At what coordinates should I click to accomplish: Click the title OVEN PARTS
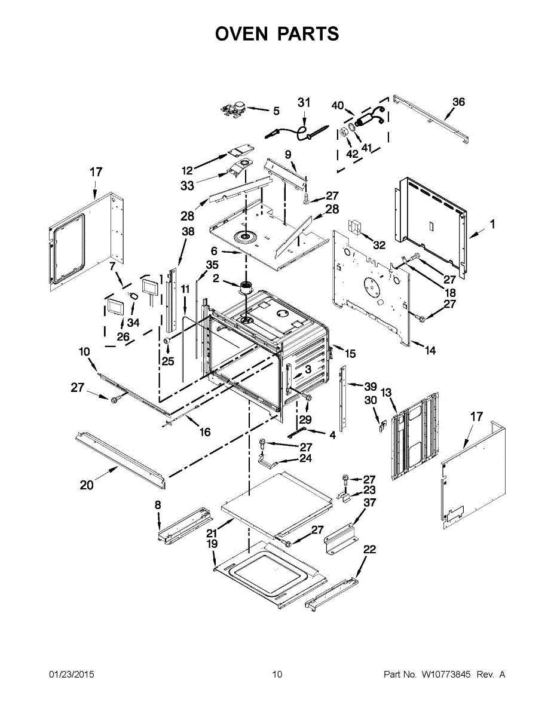click(x=277, y=34)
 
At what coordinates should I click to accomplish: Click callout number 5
click(x=276, y=111)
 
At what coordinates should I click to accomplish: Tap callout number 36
click(x=458, y=102)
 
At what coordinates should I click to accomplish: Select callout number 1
click(x=493, y=224)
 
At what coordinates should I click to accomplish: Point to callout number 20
click(x=87, y=485)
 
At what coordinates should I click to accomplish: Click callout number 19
click(x=212, y=544)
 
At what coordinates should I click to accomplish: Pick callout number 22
click(x=370, y=550)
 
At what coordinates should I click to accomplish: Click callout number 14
click(x=430, y=351)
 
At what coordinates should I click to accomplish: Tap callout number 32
click(x=379, y=245)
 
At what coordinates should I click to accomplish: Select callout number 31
click(x=304, y=103)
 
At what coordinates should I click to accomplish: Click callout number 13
click(x=386, y=392)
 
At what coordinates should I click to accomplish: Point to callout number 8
click(x=158, y=505)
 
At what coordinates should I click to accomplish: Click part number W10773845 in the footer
click(x=445, y=675)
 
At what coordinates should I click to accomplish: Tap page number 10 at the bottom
click(x=277, y=675)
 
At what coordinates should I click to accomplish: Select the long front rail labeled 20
click(x=120, y=458)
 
